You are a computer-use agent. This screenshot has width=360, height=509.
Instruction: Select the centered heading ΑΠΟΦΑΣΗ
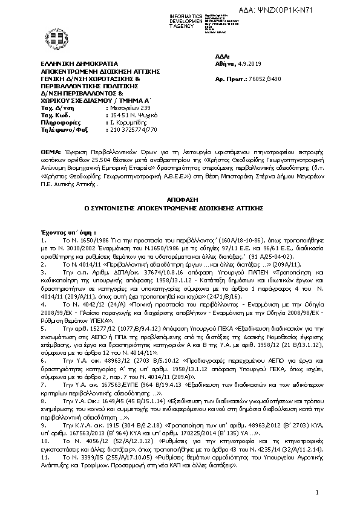coord(179,199)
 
